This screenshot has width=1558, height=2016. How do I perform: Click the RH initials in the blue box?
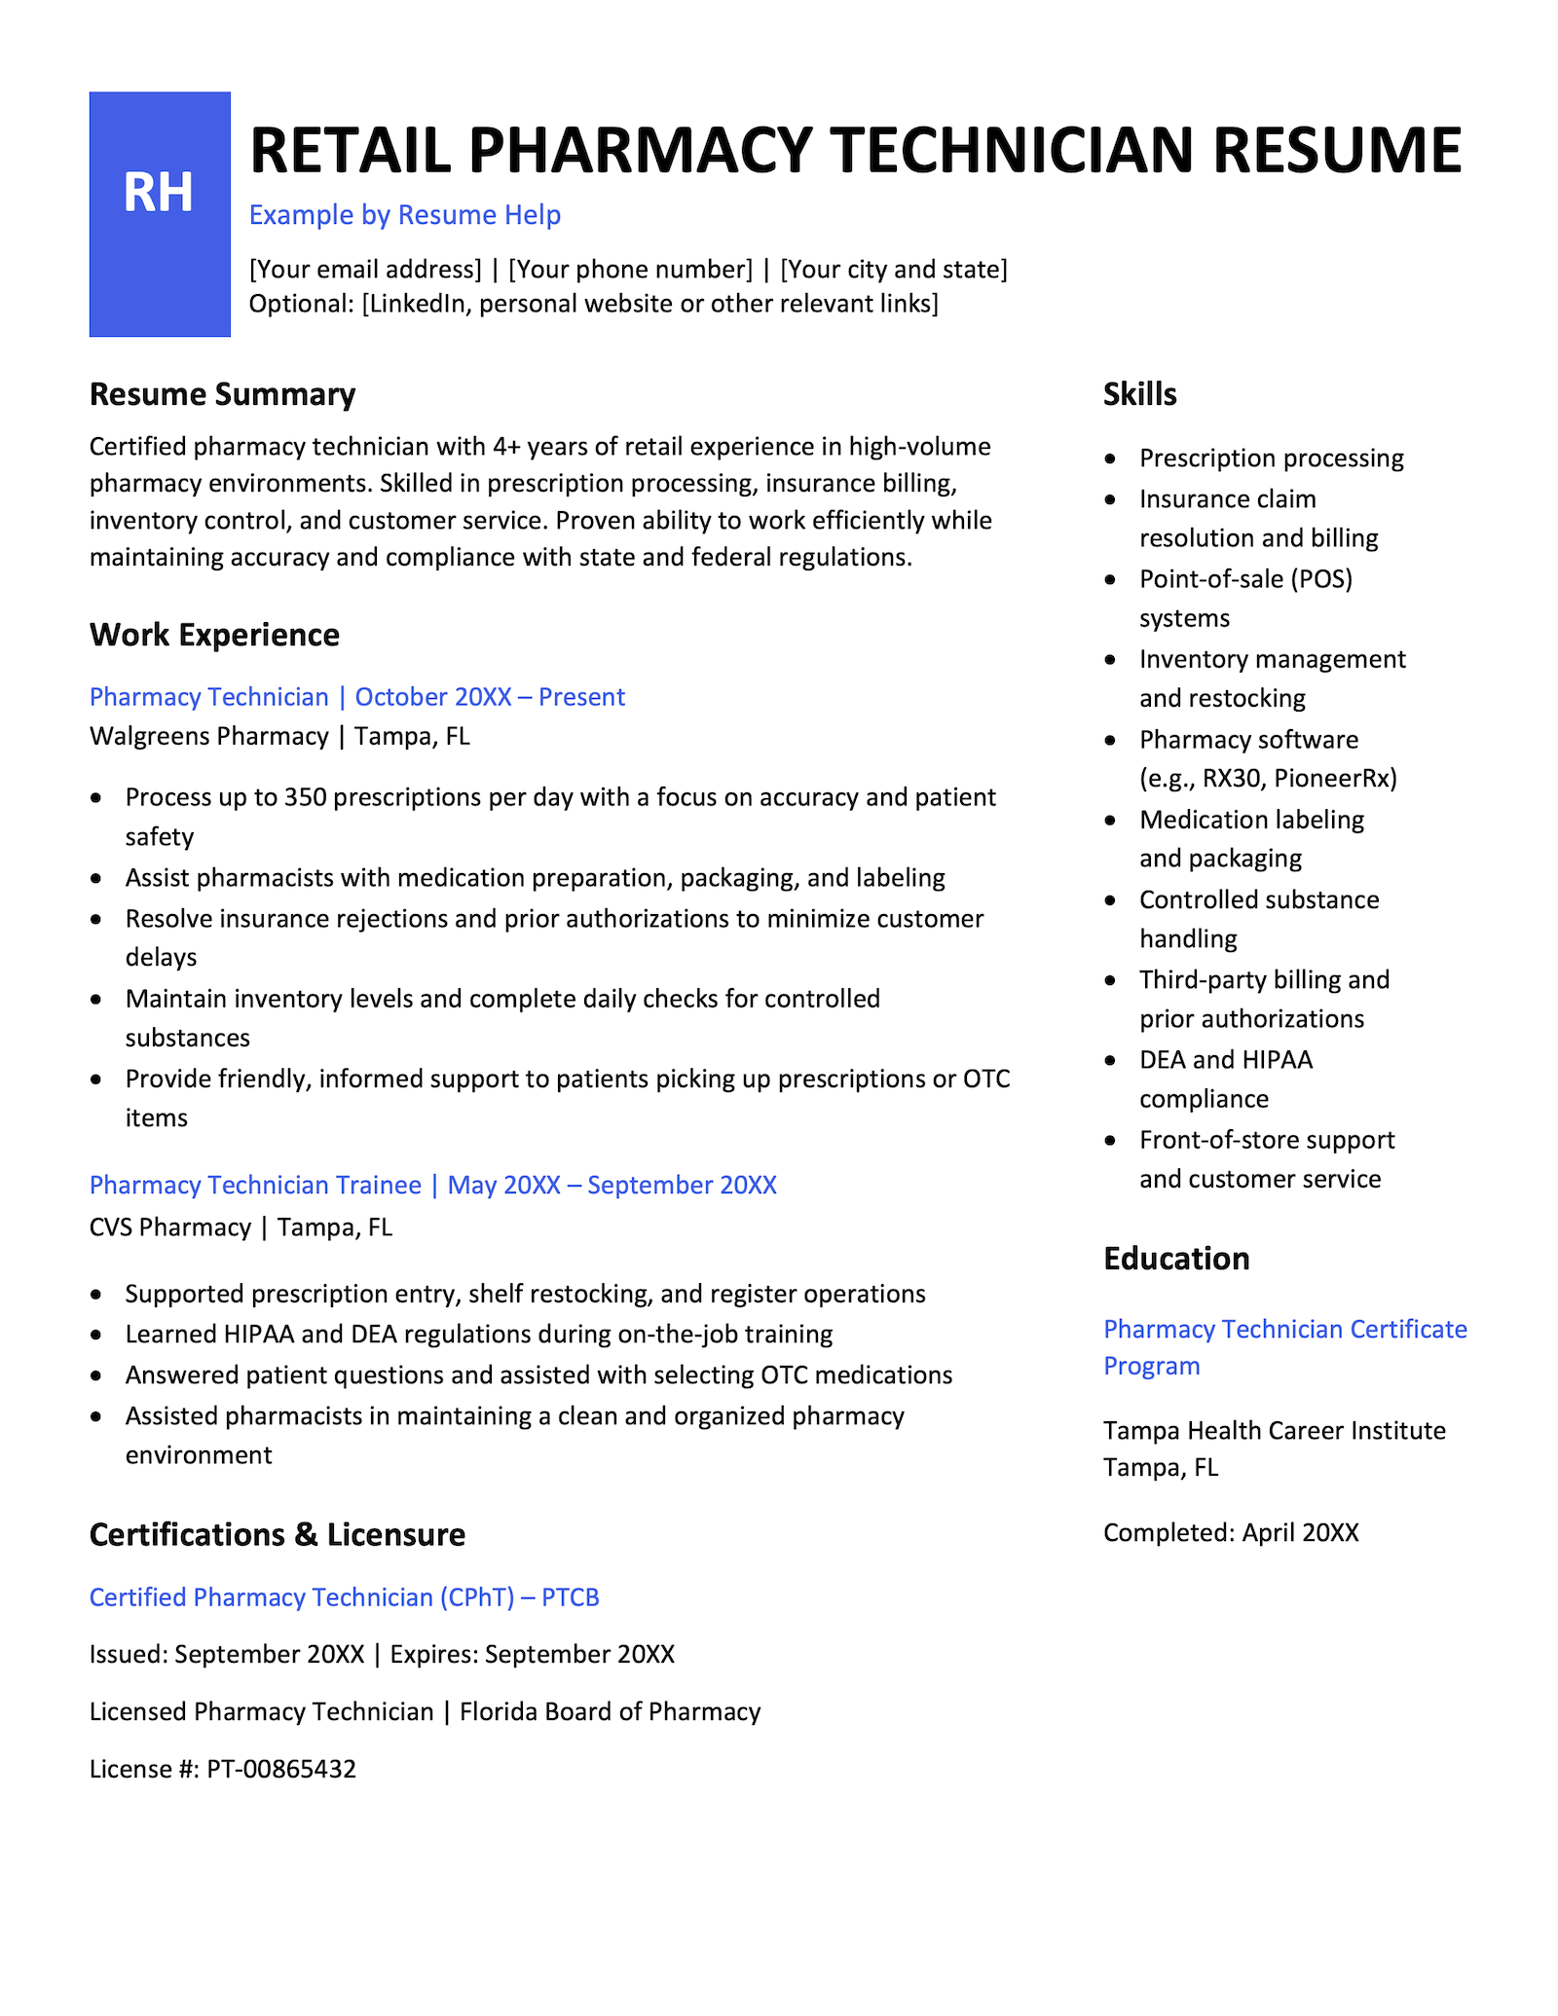tap(158, 193)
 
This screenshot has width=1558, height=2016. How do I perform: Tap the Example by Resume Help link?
tap(404, 215)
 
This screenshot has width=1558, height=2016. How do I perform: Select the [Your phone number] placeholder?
tap(630, 270)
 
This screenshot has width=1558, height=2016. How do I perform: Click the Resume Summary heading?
tap(222, 394)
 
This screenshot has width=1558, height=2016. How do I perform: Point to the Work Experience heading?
tap(214, 635)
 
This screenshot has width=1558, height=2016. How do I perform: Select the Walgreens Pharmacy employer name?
tap(208, 736)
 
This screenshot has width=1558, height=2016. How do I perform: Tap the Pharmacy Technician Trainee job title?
tap(255, 1185)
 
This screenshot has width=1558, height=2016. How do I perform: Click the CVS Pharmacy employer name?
tap(170, 1227)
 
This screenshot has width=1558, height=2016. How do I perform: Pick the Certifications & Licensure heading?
tap(277, 1535)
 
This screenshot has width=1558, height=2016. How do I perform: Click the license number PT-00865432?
tap(281, 1769)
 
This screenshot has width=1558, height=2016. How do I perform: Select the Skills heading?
tap(1139, 394)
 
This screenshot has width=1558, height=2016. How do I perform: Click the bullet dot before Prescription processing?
tap(1111, 458)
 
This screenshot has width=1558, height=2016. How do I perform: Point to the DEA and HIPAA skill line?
tap(1225, 1059)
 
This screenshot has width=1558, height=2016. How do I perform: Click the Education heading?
tap(1175, 1259)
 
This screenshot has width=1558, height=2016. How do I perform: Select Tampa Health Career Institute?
tap(1274, 1430)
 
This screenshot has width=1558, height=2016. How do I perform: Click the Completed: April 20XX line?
tap(1230, 1533)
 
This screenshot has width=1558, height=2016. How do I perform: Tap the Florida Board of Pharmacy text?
tap(610, 1711)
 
